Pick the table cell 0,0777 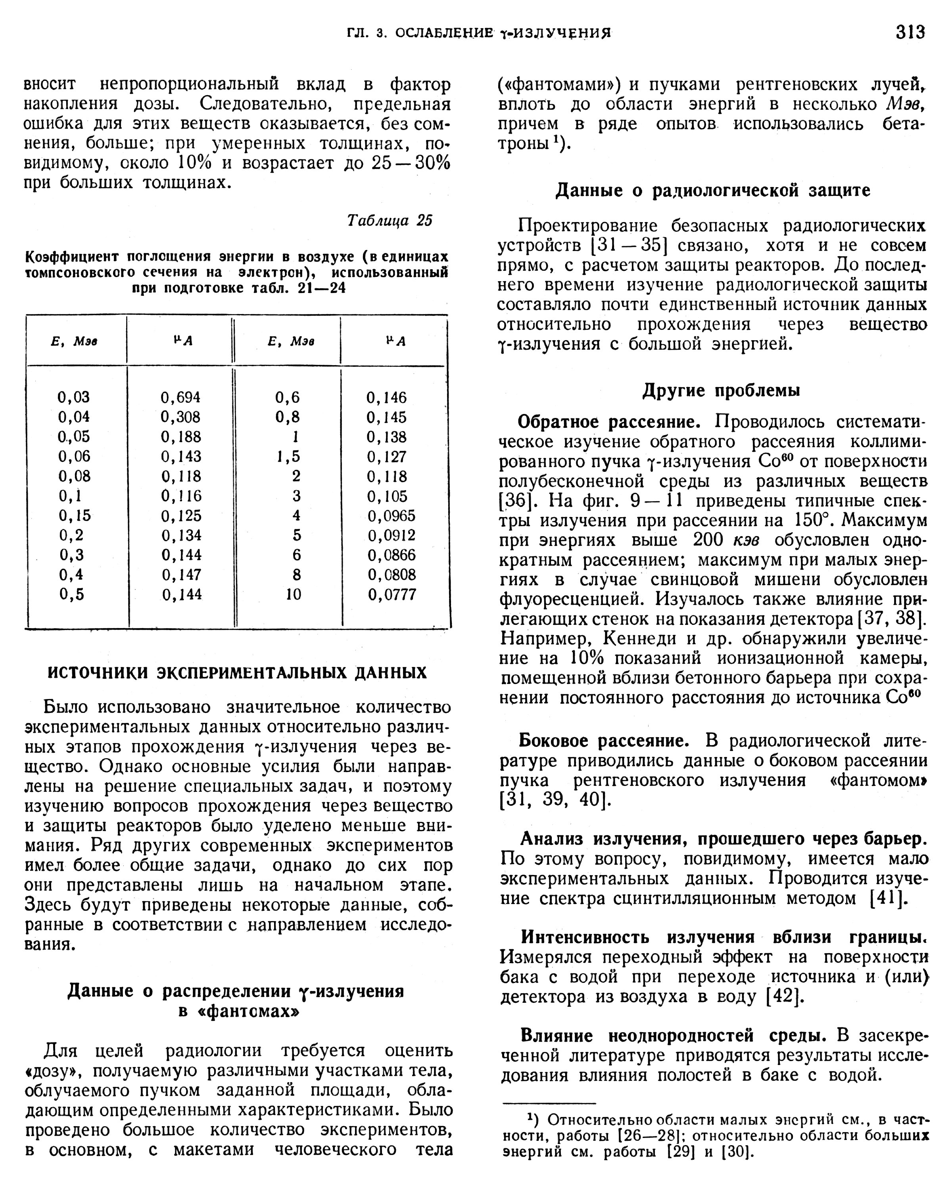click(x=392, y=594)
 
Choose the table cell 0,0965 click(x=392, y=515)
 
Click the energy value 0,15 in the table click(x=74, y=515)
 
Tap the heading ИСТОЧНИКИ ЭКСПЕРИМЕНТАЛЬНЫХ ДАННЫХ click(x=237, y=673)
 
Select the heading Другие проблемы click(x=721, y=391)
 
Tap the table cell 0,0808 click(x=392, y=575)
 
